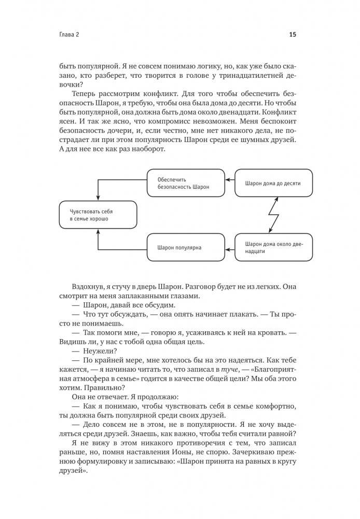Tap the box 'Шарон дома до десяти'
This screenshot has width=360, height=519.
pyautogui.click(x=273, y=183)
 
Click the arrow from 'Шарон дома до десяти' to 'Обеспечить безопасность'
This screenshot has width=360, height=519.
pyautogui.click(x=229, y=183)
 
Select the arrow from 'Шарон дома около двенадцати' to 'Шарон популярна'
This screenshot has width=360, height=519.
pyautogui.click(x=229, y=247)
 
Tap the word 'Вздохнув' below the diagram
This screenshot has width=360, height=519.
pyautogui.click(x=89, y=287)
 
